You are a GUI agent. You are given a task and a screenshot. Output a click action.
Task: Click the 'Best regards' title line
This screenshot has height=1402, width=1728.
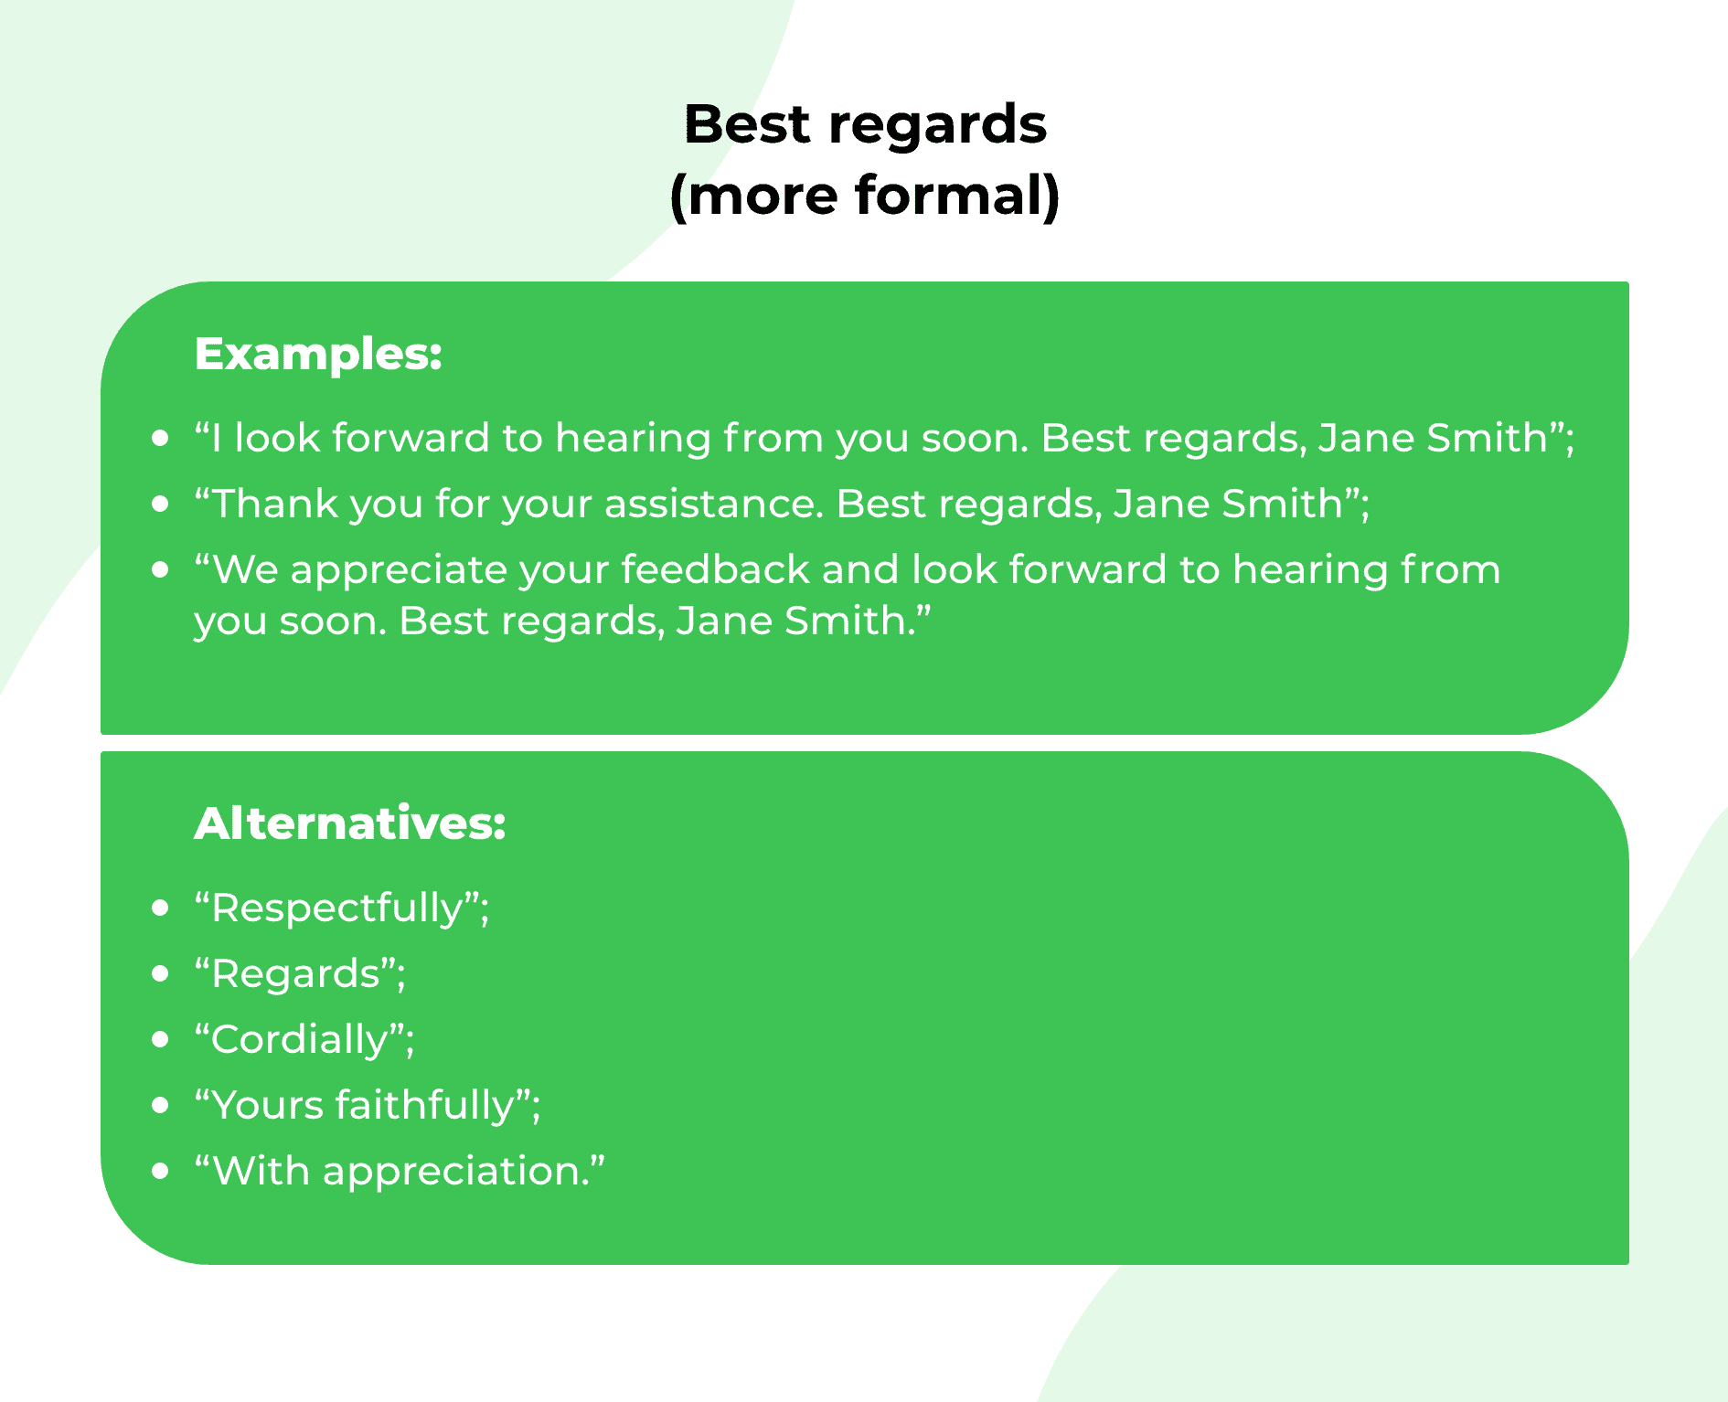865,124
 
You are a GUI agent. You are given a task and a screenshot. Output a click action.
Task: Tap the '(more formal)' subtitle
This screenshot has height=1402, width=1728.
865,196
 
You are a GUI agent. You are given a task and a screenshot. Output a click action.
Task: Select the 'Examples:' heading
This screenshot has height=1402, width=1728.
318,354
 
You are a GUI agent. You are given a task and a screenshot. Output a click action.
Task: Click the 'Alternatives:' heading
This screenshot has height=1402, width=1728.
349,823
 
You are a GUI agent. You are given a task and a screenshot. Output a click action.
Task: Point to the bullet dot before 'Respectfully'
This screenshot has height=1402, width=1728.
161,908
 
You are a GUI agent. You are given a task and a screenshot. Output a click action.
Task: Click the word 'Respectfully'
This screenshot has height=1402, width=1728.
337,908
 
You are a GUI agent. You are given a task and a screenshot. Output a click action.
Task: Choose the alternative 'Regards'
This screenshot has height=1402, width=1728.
295,974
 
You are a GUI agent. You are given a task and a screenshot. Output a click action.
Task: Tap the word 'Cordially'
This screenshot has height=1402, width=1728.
300,1040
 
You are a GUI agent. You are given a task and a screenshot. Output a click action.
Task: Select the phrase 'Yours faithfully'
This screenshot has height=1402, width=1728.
363,1106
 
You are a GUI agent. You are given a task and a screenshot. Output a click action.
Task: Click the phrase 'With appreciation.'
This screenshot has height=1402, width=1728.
400,1172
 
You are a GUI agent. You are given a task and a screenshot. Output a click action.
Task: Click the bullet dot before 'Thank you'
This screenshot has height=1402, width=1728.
161,505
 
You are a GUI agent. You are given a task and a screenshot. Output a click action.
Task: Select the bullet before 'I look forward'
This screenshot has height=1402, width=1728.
161,439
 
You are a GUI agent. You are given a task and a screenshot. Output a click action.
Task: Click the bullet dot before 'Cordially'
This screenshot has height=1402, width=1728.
161,1040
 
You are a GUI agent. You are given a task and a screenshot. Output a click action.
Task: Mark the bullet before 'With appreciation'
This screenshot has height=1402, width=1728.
161,1172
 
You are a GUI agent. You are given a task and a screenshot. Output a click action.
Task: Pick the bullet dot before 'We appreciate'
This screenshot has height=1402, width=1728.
161,570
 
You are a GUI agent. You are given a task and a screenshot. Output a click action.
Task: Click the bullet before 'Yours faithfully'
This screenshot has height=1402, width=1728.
161,1106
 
